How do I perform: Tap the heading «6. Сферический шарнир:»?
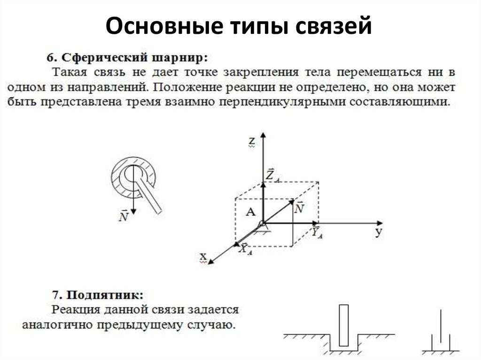pyautogui.click(x=126, y=58)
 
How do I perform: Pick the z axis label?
pyautogui.click(x=252, y=140)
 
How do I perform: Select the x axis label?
pyautogui.click(x=203, y=257)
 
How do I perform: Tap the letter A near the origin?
pyautogui.click(x=250, y=212)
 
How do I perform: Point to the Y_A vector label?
pyautogui.click(x=317, y=232)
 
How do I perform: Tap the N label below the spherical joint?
pyautogui.click(x=124, y=216)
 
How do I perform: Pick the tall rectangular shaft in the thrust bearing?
pyautogui.click(x=344, y=325)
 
